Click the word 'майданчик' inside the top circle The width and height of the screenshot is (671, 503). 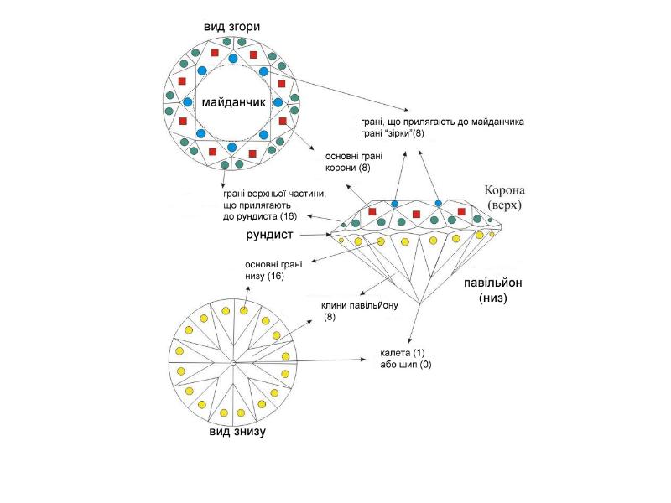(234, 102)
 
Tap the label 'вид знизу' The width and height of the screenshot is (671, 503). (238, 432)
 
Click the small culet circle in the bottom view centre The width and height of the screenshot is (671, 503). (231, 362)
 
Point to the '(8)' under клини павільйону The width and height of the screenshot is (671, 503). (330, 317)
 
